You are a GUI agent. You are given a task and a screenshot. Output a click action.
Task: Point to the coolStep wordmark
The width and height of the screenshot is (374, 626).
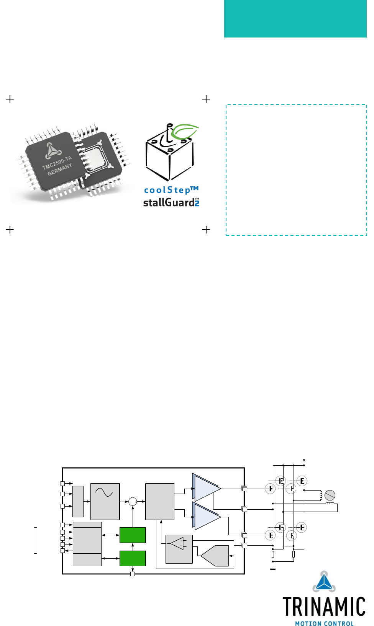171,190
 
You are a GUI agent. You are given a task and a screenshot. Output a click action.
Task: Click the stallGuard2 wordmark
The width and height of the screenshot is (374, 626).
171,202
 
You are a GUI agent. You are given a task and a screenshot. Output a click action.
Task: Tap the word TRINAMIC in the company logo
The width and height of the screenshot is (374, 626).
324,607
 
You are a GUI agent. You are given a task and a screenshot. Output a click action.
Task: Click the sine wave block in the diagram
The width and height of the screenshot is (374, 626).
105,501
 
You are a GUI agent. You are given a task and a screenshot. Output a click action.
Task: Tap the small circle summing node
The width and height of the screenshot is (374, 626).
133,501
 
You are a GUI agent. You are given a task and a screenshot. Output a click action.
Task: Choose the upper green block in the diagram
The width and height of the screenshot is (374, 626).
133,535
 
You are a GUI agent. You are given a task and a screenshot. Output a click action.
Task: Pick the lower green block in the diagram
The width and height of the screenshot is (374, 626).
133,558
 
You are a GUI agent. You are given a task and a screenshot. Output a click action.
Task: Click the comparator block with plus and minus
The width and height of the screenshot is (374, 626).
179,549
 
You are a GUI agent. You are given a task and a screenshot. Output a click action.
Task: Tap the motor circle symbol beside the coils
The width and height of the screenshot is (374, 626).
330,496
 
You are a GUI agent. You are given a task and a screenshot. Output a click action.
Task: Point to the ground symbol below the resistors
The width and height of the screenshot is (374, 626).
273,569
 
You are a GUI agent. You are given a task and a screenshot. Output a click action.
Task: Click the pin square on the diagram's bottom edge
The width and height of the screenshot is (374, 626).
133,574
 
